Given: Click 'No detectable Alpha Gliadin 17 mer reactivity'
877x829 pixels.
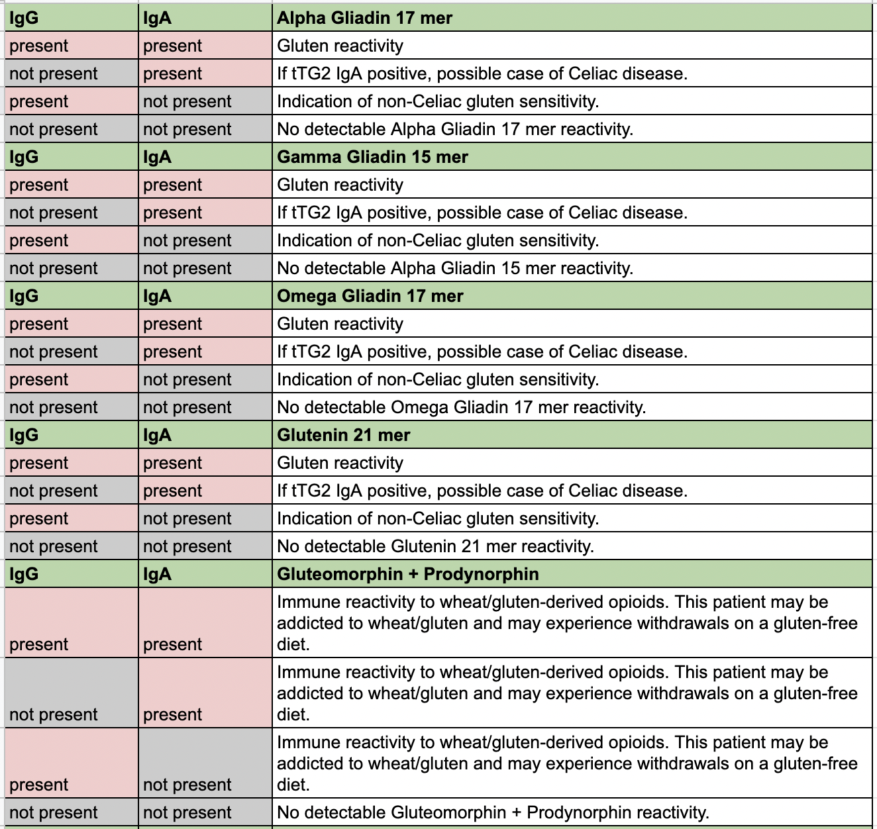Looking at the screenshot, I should [x=455, y=129].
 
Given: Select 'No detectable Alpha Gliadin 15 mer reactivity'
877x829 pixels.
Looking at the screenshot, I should [x=455, y=268].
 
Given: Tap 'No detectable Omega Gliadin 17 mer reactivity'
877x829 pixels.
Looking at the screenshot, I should [x=462, y=407].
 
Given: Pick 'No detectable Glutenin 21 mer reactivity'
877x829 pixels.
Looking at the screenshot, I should [x=435, y=546].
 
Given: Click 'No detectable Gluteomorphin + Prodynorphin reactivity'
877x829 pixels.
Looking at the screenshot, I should [x=493, y=812].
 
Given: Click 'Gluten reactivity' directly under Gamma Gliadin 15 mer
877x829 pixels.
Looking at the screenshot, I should [x=340, y=185].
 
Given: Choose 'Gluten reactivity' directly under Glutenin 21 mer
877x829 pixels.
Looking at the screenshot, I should [x=340, y=463].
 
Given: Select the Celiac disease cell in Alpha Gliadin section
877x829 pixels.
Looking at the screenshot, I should [x=482, y=73].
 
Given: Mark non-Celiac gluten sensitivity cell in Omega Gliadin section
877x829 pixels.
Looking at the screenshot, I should [x=438, y=379].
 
